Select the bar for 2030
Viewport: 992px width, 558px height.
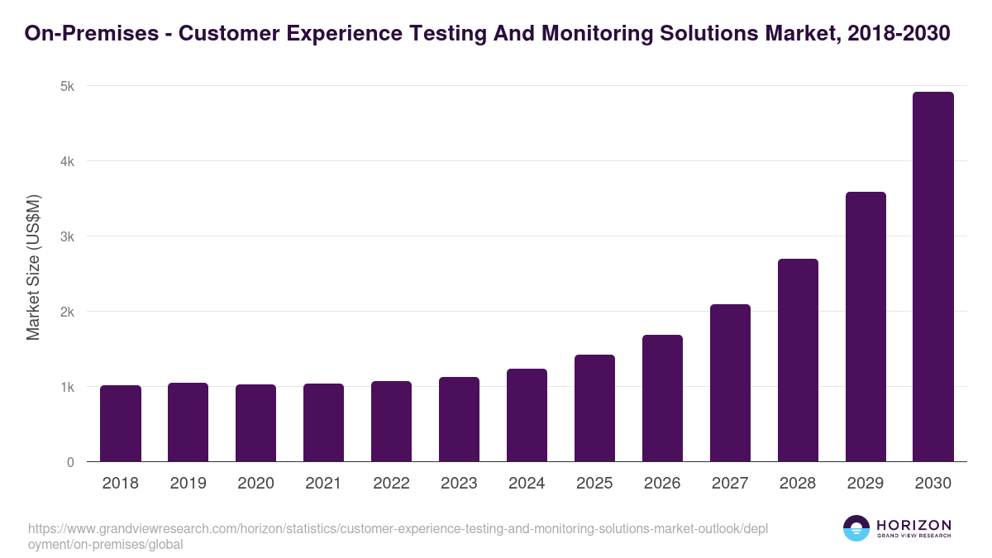pos(933,277)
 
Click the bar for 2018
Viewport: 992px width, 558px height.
pos(121,423)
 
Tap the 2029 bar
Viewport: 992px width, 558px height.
pos(866,327)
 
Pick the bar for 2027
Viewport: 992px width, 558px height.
pos(730,383)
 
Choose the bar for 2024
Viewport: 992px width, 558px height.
pos(527,415)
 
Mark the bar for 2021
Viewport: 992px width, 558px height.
pos(323,422)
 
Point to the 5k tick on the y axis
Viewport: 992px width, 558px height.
pos(68,86)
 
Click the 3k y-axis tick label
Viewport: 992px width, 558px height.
pos(68,236)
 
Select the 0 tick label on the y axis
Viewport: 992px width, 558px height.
pos(70,462)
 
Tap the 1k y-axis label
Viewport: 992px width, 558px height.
pos(68,387)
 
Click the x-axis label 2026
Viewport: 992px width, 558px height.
pos(662,484)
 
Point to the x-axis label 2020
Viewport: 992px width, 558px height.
pos(255,484)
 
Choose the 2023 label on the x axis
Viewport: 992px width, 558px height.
pos(459,484)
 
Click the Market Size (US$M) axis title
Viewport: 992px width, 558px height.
pos(33,267)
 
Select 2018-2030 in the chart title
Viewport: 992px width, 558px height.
pos(899,34)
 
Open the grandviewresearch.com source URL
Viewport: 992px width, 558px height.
pos(398,536)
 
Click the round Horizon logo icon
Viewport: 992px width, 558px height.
pos(856,528)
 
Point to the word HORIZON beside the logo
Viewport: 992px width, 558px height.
pos(913,525)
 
